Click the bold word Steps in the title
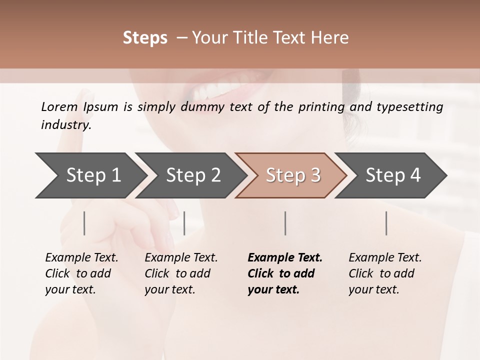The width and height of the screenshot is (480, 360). coord(145,38)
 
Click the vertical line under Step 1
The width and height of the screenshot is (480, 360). coord(84,223)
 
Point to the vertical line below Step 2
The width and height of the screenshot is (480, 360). coord(184,223)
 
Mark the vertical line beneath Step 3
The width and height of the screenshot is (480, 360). coord(285,223)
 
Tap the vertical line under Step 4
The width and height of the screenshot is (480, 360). coord(386,223)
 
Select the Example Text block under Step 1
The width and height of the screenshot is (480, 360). coord(81,273)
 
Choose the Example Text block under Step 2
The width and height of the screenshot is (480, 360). coord(181,273)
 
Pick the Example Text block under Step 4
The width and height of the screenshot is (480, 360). coord(385,273)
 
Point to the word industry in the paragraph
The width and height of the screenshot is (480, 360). coord(66,125)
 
